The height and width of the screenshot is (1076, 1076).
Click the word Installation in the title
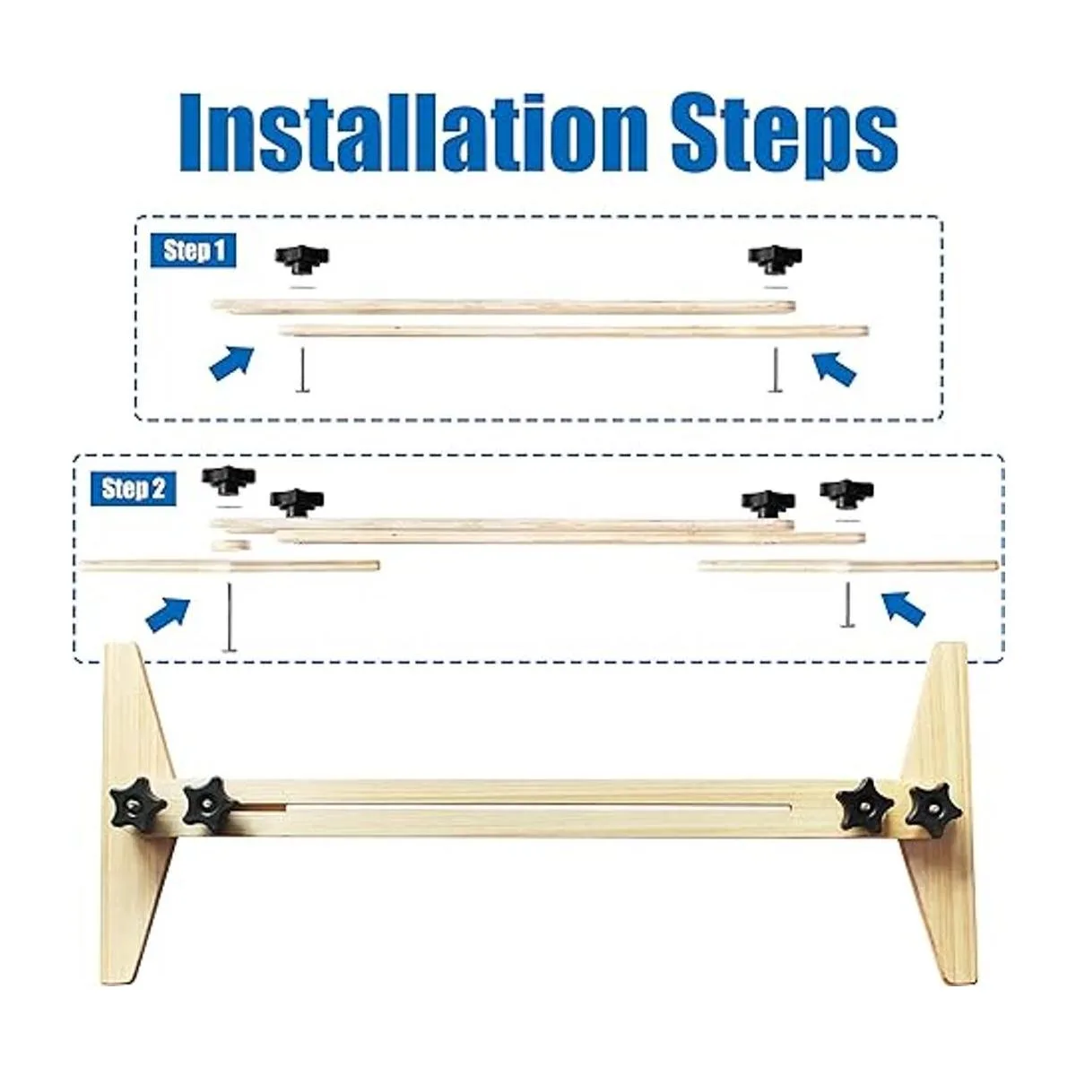point(413,133)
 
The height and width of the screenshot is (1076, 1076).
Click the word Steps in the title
point(785,138)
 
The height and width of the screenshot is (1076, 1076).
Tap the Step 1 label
point(193,251)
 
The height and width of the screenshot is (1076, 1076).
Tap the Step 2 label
point(134,490)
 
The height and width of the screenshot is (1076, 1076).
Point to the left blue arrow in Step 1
point(231,363)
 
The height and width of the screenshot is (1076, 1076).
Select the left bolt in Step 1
point(302,369)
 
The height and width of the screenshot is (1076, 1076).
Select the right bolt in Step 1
point(775,369)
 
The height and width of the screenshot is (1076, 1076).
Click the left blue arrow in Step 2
point(168,614)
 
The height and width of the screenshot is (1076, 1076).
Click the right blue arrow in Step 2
point(904,609)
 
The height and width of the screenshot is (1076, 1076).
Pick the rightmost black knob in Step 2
point(846,492)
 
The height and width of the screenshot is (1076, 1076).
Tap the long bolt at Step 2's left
point(229,618)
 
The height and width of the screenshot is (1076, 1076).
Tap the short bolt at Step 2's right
point(847,604)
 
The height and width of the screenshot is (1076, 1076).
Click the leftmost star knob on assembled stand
point(137,806)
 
